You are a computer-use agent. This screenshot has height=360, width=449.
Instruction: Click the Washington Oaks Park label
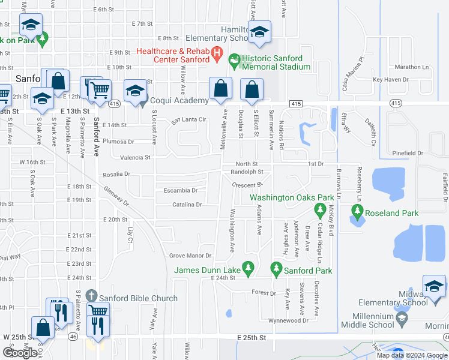(x=283, y=197)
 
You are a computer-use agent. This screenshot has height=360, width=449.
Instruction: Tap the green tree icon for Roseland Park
(x=357, y=211)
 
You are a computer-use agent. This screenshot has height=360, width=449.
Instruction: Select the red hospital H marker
(x=217, y=58)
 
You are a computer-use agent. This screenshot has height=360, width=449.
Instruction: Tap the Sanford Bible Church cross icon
(x=91, y=296)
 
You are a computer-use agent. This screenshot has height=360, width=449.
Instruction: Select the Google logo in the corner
(x=20, y=353)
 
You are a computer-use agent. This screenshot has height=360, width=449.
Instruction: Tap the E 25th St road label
(x=251, y=338)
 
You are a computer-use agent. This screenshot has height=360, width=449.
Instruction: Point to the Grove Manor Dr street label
(x=191, y=256)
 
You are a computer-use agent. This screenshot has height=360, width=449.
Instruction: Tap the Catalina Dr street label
(x=186, y=205)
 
